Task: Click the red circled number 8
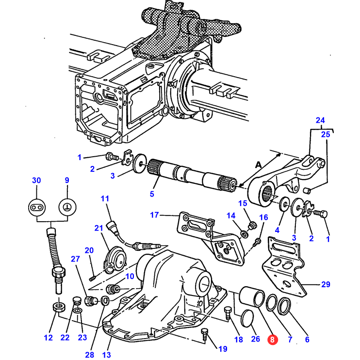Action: point(272,339)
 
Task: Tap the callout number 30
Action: point(36,180)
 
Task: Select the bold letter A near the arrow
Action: point(259,165)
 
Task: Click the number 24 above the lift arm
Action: point(320,120)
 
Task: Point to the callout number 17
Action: point(154,215)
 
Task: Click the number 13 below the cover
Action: point(107,355)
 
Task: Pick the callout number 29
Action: point(326,284)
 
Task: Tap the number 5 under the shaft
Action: point(152,194)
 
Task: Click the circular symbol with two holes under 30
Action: point(37,208)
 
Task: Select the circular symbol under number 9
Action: point(67,207)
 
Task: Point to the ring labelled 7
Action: point(272,303)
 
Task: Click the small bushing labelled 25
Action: point(307,190)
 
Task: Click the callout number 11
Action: point(105,198)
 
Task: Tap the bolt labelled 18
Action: point(228,312)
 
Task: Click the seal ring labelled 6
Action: point(284,306)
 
